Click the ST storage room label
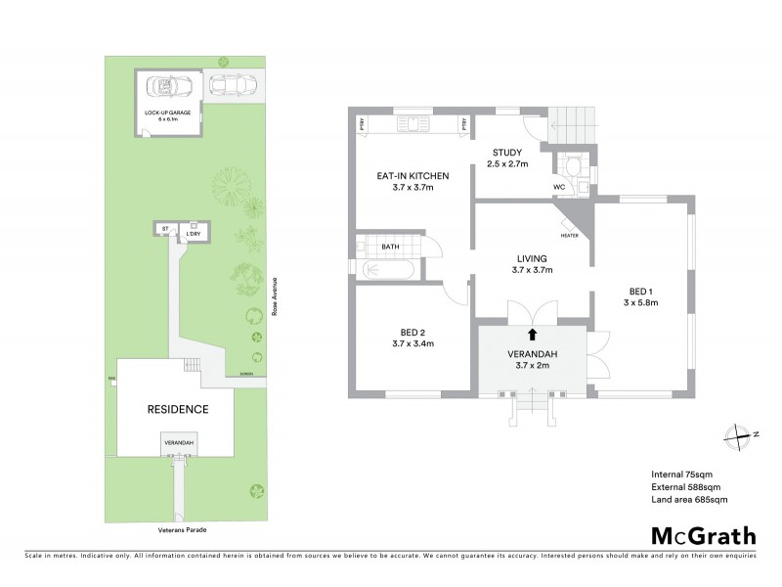point(165,229)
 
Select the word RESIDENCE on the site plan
point(177,409)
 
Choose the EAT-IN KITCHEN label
point(413,176)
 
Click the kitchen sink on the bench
point(411,124)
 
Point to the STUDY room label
point(507,152)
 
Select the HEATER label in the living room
point(569,236)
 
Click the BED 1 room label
point(641,291)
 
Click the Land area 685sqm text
point(689,499)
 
